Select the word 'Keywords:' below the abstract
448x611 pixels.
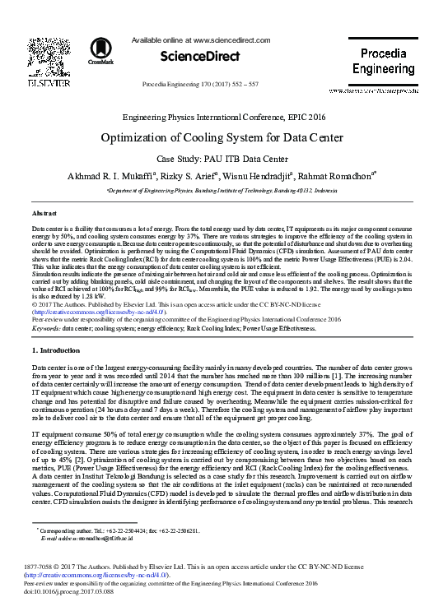45,327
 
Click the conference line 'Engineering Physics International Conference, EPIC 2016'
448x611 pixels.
224,118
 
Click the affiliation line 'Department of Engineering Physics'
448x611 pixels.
224,189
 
